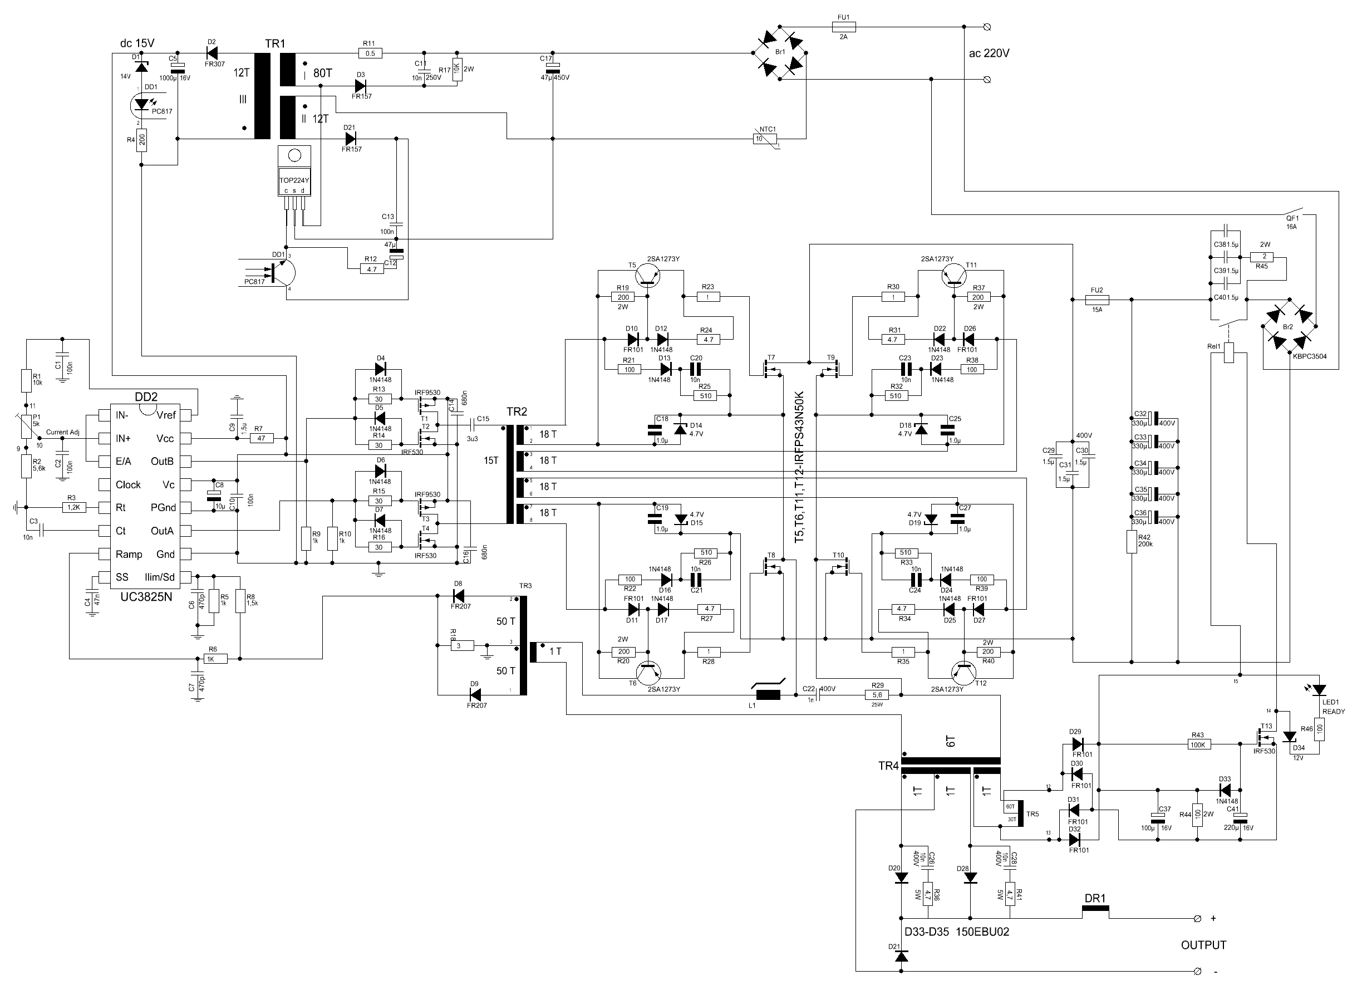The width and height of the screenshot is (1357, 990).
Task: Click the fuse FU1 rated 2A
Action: tap(844, 26)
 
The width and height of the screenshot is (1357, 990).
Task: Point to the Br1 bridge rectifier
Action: tap(779, 52)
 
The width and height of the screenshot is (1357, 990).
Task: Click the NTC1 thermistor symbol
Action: tap(764, 139)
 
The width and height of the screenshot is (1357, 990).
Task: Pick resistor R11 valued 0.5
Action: tap(370, 53)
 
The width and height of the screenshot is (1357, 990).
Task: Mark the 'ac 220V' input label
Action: tap(989, 53)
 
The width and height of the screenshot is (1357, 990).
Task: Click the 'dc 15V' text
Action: tap(137, 43)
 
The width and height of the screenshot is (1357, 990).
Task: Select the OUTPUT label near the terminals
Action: tap(1203, 945)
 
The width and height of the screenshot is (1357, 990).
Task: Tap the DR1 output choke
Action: tap(1095, 911)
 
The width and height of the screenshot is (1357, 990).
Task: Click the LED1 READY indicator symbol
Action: tap(1319, 690)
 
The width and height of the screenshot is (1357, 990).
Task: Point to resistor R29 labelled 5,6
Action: tap(877, 694)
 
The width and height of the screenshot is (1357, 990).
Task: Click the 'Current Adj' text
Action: tap(62, 432)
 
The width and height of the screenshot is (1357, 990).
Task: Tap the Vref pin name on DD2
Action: tap(166, 415)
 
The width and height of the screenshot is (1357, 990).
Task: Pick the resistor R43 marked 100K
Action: tap(1198, 744)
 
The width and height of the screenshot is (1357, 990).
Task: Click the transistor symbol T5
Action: tap(648, 276)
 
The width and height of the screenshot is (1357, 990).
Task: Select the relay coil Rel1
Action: tap(1229, 352)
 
